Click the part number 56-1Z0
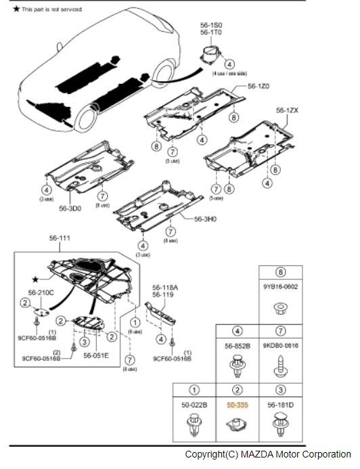point(258,86)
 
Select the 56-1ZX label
point(286,110)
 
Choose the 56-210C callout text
point(41,292)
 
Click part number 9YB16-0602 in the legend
point(281,286)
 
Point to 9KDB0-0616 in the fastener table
point(281,345)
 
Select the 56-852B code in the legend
point(238,345)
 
